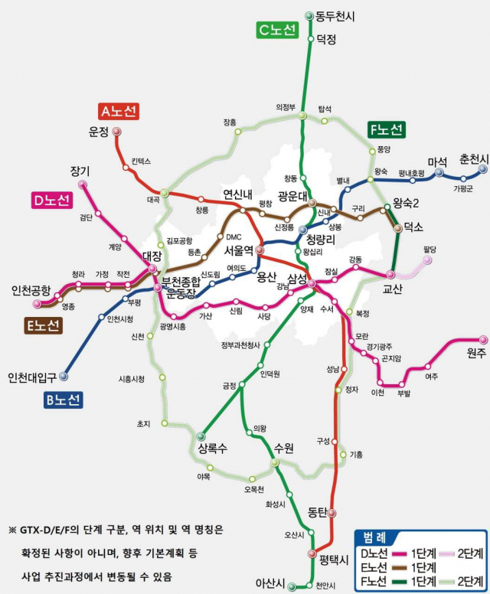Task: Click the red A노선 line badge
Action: click(119, 111)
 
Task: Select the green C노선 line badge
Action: click(276, 30)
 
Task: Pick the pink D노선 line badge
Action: click(51, 201)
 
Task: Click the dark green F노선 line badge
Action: click(387, 129)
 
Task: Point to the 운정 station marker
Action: click(117, 132)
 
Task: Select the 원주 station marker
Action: click(483, 339)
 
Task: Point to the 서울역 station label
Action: click(239, 250)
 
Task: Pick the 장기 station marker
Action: click(83, 184)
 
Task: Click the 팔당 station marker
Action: click(428, 260)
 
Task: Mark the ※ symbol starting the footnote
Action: click(11, 530)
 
